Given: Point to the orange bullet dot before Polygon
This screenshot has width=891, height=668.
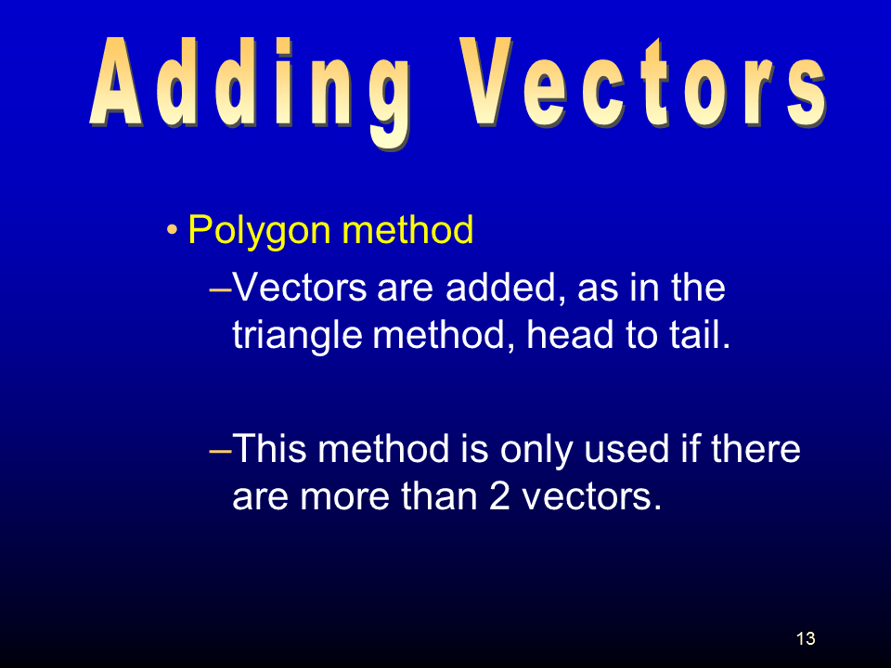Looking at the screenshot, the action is pyautogui.click(x=172, y=230).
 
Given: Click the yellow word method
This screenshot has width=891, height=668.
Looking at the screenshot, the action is pyautogui.click(x=407, y=229).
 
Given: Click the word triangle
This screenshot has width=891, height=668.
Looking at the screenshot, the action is pyautogui.click(x=297, y=336).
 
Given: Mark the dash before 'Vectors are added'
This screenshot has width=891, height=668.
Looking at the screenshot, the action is pyautogui.click(x=221, y=289).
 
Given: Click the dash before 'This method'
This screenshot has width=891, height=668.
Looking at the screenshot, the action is pyautogui.click(x=221, y=451).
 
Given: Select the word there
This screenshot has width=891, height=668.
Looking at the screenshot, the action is pyautogui.click(x=755, y=448).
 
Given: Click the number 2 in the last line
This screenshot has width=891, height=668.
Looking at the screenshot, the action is pyautogui.click(x=499, y=495).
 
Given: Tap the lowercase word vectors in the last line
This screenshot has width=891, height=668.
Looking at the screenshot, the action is pyautogui.click(x=592, y=497).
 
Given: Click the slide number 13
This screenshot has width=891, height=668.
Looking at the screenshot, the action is pyautogui.click(x=806, y=638).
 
